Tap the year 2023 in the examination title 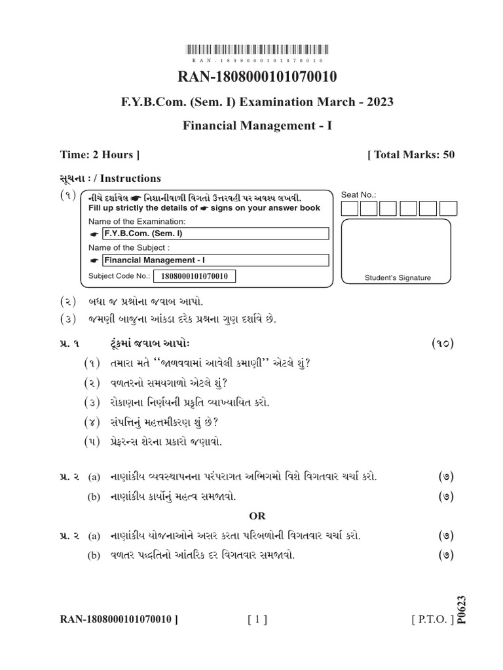pyautogui.click(x=380, y=102)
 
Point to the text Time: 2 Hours pyautogui.click(x=100, y=155)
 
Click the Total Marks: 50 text pyautogui.click(x=411, y=155)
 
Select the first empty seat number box pyautogui.click(x=350, y=209)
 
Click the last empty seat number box pyautogui.click(x=449, y=209)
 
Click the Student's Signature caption pyautogui.click(x=398, y=278)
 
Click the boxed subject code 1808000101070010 pyautogui.click(x=194, y=277)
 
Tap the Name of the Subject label pyautogui.click(x=129, y=248)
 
